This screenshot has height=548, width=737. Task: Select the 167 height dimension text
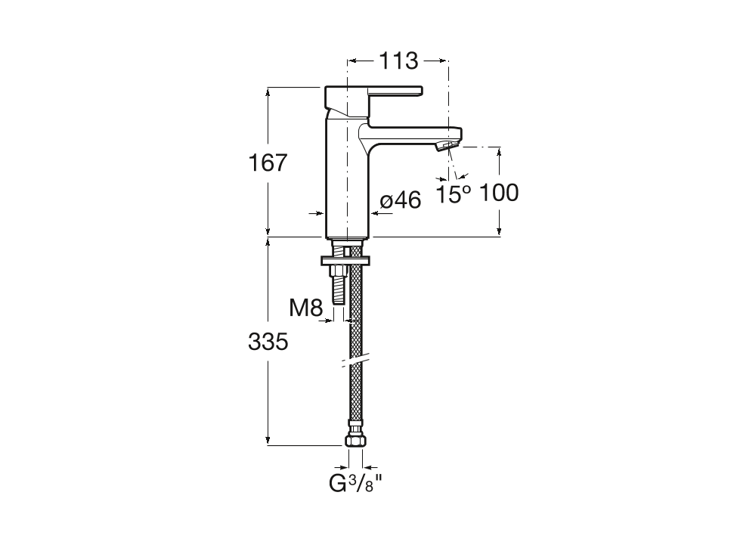point(268,162)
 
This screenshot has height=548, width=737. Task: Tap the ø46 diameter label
point(400,200)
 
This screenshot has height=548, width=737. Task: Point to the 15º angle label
point(454,194)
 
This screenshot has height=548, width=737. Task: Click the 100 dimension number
point(500,193)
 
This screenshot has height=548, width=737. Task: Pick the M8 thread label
point(306,307)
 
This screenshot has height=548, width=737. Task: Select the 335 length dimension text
point(268,342)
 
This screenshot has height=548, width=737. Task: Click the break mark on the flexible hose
point(354,361)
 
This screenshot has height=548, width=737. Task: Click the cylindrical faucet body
point(345,181)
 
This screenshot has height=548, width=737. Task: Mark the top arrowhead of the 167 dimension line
point(268,91)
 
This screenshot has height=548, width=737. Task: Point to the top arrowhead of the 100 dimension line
point(499,151)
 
